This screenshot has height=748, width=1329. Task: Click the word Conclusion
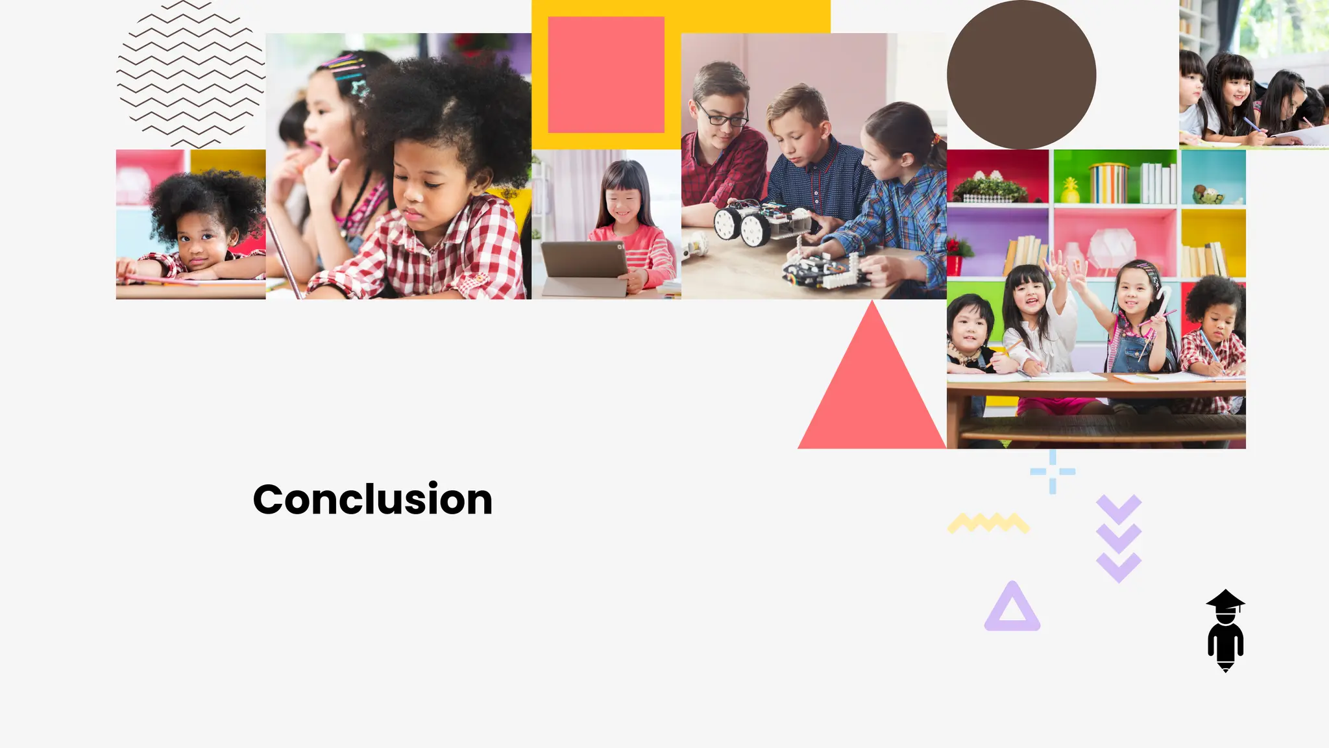point(372,499)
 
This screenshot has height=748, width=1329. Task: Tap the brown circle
point(1021,75)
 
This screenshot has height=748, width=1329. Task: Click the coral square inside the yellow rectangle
point(606,75)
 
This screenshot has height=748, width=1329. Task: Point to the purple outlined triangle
point(1012,608)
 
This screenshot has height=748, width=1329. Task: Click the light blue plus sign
point(1053,471)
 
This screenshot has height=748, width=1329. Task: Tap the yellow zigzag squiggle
point(988,523)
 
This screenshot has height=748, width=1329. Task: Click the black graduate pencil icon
point(1225,630)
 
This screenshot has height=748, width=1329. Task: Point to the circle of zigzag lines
point(191,73)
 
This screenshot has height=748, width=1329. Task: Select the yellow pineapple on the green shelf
point(1069,190)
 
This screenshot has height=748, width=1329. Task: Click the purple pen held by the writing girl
point(1250,123)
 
